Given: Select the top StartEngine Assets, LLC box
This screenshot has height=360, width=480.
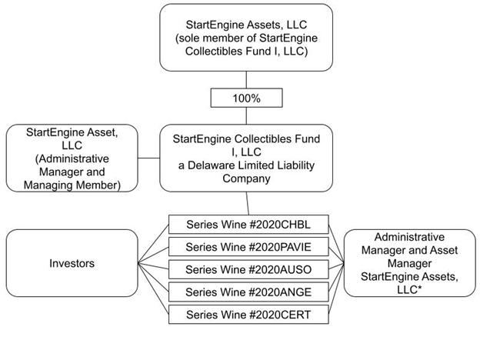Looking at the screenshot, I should [x=246, y=38].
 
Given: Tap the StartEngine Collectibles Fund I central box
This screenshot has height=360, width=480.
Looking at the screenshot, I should [x=246, y=158].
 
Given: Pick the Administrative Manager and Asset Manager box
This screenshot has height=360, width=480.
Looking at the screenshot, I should [x=408, y=263].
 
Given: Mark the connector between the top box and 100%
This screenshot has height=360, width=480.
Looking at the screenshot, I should [x=246, y=80].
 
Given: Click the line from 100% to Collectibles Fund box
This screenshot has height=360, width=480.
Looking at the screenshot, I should [x=246, y=117].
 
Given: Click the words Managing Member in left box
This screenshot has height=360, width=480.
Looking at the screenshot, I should [x=71, y=185].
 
